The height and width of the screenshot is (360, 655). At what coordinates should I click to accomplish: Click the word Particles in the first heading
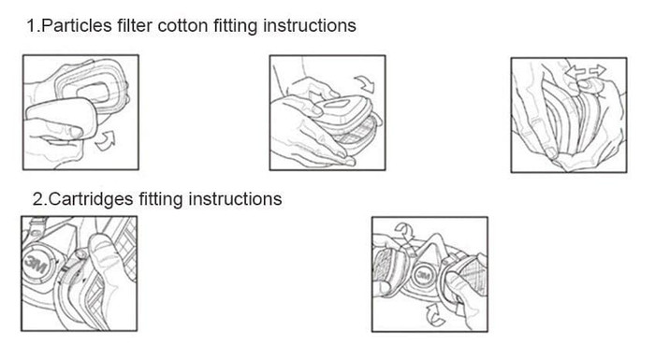pos(77,25)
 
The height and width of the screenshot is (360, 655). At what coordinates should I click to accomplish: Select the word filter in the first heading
pos(135,25)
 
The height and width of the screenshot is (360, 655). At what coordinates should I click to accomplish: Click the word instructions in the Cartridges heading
pos(235,199)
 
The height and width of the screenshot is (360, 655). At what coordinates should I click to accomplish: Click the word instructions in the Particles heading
pos(310,25)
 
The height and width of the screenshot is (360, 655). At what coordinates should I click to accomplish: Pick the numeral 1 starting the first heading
pos(31,26)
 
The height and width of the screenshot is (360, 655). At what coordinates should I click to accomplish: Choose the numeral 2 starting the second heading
pos(38,199)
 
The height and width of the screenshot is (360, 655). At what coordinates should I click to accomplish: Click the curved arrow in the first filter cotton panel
pos(106,140)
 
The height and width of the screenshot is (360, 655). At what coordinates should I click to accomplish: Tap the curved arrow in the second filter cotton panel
pos(366,83)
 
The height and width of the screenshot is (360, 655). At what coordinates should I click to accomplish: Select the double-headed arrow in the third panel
pos(585,71)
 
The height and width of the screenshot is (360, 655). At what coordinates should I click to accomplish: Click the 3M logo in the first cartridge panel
pos(36,264)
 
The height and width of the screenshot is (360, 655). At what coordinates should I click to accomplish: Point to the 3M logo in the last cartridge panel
pos(424,275)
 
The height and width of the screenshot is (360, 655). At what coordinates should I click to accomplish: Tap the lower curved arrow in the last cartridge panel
pos(434,315)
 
